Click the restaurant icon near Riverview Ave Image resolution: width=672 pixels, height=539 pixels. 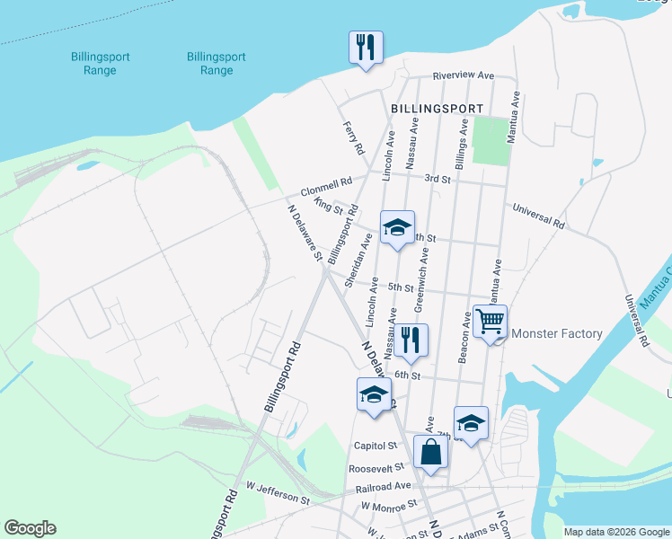366,47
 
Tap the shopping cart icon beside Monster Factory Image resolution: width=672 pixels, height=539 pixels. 490,322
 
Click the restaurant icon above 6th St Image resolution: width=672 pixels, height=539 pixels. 411,340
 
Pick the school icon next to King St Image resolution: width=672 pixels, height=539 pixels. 397,227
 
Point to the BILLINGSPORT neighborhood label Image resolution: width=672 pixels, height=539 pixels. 438,109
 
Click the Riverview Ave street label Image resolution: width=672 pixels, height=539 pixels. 464,75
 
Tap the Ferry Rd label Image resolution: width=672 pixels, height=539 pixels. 353,137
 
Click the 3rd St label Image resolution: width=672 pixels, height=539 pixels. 438,179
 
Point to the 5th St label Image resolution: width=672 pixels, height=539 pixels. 401,287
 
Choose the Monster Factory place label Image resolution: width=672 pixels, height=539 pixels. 556,334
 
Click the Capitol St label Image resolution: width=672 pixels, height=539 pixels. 375,446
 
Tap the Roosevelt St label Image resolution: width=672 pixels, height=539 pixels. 372,468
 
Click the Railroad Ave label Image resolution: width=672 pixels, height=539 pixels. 383,486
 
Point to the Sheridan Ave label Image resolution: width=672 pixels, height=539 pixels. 359,260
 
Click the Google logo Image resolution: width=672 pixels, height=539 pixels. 30,528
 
